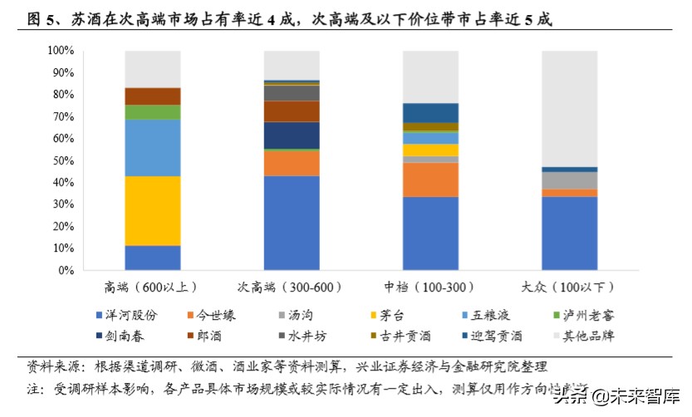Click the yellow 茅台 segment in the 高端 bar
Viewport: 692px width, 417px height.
[x=153, y=210]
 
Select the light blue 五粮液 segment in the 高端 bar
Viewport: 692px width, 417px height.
[x=153, y=147]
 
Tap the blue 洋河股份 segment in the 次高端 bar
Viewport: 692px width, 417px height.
[x=292, y=223]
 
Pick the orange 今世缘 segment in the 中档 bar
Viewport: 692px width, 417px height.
[x=430, y=179]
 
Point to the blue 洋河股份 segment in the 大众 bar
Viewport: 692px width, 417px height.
[x=569, y=233]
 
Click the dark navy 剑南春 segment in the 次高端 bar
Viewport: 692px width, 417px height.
[x=292, y=135]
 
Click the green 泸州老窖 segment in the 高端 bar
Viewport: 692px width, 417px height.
[x=153, y=111]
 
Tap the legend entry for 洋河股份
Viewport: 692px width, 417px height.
[x=130, y=315]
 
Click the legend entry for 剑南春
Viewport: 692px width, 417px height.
[x=130, y=336]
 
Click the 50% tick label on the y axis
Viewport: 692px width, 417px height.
[x=63, y=160]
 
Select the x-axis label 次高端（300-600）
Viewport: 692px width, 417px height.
[x=292, y=287]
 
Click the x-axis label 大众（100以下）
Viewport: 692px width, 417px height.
[x=569, y=287]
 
